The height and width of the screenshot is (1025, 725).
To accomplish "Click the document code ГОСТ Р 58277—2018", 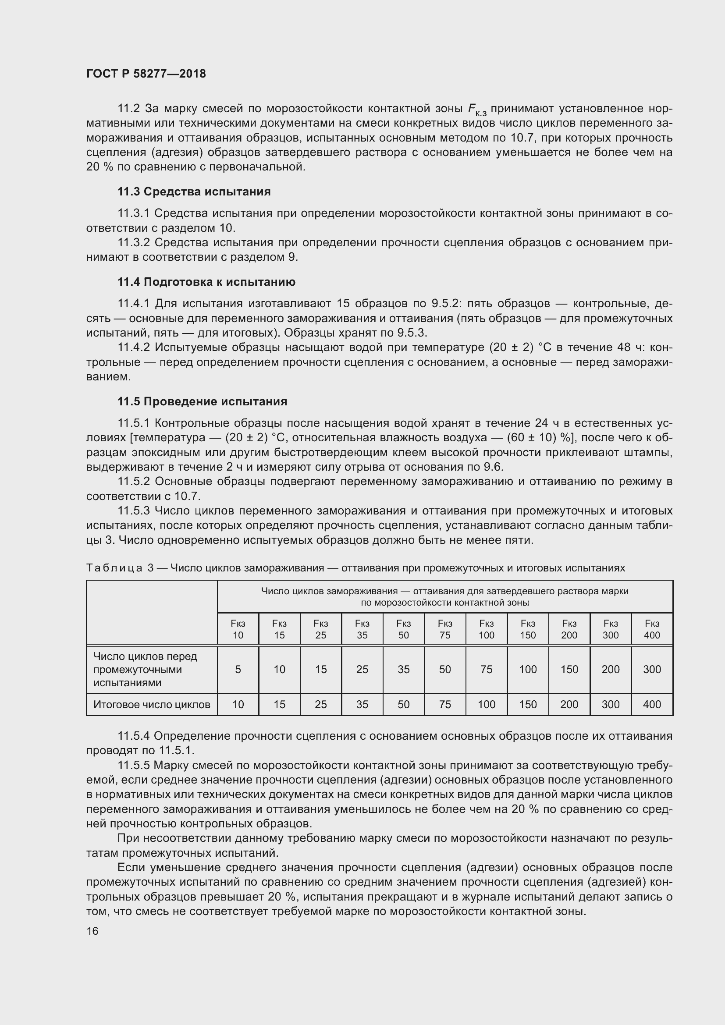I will (x=146, y=74).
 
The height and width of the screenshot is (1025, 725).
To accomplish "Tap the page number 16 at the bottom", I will (x=92, y=931).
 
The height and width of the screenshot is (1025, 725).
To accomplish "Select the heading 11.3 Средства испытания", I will (x=194, y=192).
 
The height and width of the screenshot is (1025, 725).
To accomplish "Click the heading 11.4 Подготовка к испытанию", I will (x=206, y=282).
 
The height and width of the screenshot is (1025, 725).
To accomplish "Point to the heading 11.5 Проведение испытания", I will (x=202, y=401).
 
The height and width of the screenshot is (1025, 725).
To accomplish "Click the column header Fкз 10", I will (x=238, y=629).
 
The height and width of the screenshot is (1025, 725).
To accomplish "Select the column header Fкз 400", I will (x=652, y=629).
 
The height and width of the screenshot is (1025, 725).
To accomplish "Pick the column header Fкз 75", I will (x=444, y=629).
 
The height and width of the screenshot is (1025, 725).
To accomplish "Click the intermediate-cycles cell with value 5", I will (x=238, y=669).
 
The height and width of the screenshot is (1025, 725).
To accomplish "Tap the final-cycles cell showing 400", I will (x=652, y=705).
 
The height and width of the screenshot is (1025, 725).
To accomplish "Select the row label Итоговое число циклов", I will (x=152, y=705).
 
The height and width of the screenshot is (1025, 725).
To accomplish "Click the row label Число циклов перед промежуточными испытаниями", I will (x=146, y=669).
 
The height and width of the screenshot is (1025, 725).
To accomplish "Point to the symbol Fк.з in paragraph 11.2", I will (x=477, y=110).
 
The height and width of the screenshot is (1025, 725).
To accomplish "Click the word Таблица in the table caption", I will (x=114, y=568).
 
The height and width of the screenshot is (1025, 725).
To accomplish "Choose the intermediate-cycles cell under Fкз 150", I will (x=528, y=669).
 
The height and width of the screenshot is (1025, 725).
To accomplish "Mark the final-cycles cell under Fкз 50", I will (x=404, y=705).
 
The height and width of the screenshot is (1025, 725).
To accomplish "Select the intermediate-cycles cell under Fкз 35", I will (x=362, y=669).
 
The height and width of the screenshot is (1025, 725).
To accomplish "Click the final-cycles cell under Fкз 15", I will (x=280, y=705).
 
